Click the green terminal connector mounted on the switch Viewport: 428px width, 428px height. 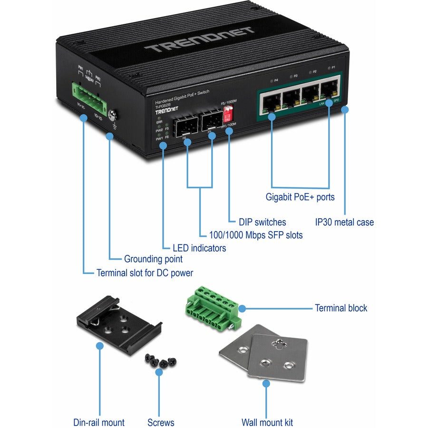tap(89, 96)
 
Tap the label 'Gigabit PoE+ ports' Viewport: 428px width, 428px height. tap(300, 197)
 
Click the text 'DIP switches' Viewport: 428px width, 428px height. tap(263, 222)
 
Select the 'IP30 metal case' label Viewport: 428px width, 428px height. tap(345, 222)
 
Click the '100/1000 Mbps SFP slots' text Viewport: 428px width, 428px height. tap(256, 235)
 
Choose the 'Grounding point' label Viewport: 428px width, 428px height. tap(153, 260)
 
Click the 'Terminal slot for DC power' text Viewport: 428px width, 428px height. tap(145, 273)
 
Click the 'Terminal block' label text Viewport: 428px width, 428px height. tap(341, 308)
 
